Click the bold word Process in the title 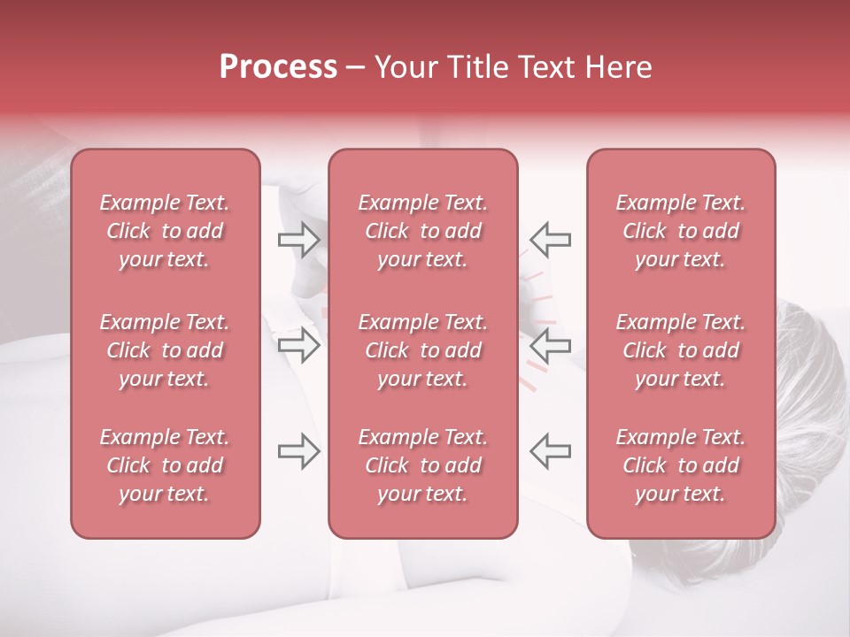tap(278, 67)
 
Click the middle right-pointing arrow tap(298, 345)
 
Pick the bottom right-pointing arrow tap(298, 450)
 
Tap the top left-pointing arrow tap(550, 239)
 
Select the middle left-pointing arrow tap(550, 345)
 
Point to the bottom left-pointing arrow tap(550, 450)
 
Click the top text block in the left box tap(165, 231)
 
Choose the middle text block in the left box tap(165, 350)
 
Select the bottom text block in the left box tap(165, 465)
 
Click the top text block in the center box tap(422, 231)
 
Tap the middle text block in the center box tap(422, 350)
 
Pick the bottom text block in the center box tap(422, 465)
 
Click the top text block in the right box tap(680, 231)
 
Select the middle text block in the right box tap(680, 350)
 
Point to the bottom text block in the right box tap(680, 465)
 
